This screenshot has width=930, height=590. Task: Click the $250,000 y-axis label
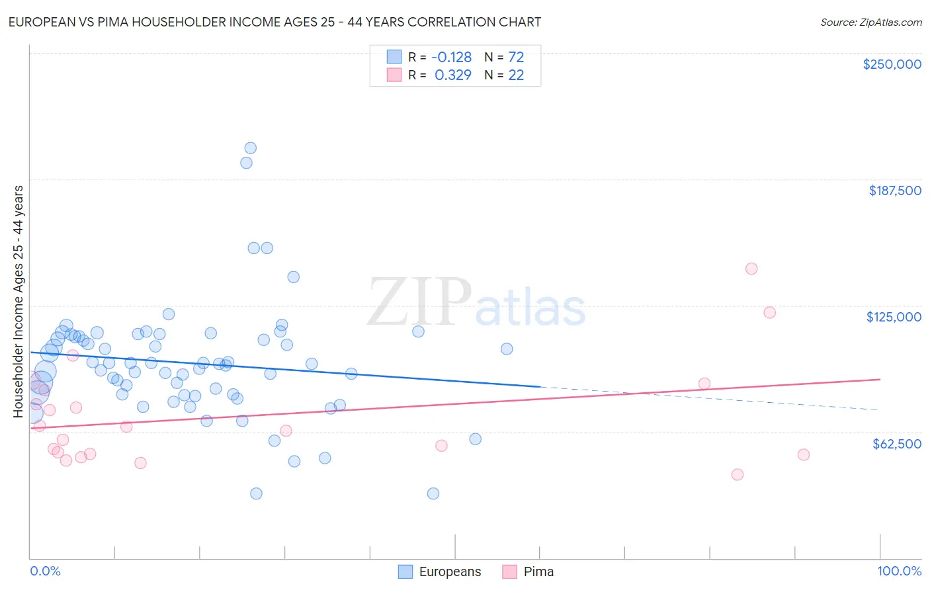tap(892, 64)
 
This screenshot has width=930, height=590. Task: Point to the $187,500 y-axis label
tap(894, 190)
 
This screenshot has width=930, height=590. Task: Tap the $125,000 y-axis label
tap(894, 317)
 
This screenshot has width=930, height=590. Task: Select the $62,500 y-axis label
tap(896, 444)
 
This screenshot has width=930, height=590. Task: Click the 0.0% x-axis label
tap(45, 571)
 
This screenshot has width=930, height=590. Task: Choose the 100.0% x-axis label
tap(899, 571)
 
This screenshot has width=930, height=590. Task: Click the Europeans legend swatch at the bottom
tap(405, 571)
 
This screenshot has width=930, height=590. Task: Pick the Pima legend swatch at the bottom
tap(509, 571)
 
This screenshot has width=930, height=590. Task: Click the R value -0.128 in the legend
tap(452, 57)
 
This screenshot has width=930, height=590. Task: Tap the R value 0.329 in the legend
tap(453, 75)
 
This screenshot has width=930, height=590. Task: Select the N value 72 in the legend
tap(516, 57)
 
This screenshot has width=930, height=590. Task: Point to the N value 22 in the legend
tap(516, 75)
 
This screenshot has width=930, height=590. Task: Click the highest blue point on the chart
tap(250, 148)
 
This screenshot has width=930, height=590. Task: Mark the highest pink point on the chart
tap(751, 269)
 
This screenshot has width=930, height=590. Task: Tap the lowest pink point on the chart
tap(738, 474)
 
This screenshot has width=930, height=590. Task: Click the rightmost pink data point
tap(804, 454)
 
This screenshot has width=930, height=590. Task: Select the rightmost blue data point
tap(507, 349)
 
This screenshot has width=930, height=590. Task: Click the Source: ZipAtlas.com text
tap(870, 22)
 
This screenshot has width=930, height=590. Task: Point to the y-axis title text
tap(18, 302)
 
